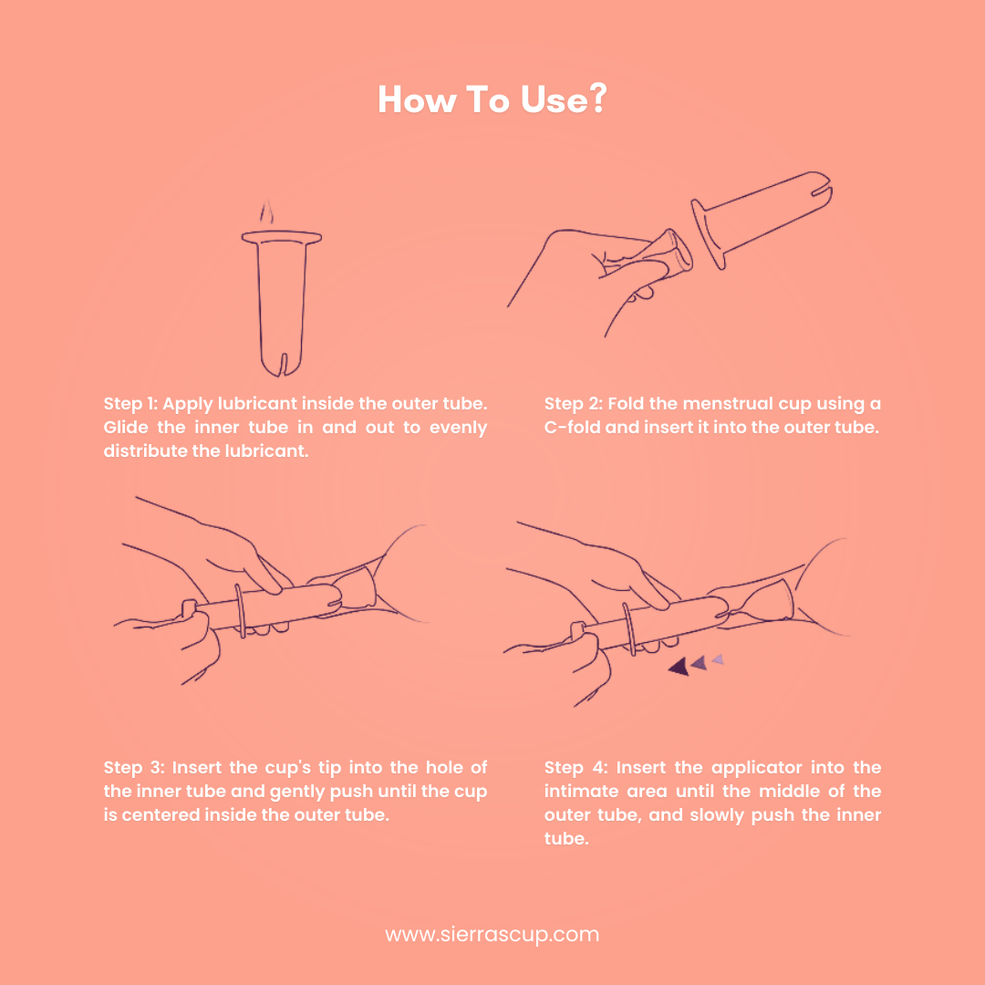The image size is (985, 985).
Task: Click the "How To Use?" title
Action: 492,99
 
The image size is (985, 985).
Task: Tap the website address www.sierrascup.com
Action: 492,934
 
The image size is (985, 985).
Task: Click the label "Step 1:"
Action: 130,404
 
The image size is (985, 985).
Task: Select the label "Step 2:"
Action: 573,404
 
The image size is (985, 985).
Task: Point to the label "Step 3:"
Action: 133,768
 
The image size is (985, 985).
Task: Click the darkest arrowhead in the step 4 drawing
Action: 679,667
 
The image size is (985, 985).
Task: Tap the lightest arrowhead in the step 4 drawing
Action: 718,659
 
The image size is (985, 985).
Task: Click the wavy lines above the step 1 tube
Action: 267,213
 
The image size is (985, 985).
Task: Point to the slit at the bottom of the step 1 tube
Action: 283,364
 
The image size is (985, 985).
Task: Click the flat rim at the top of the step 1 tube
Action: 282,237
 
